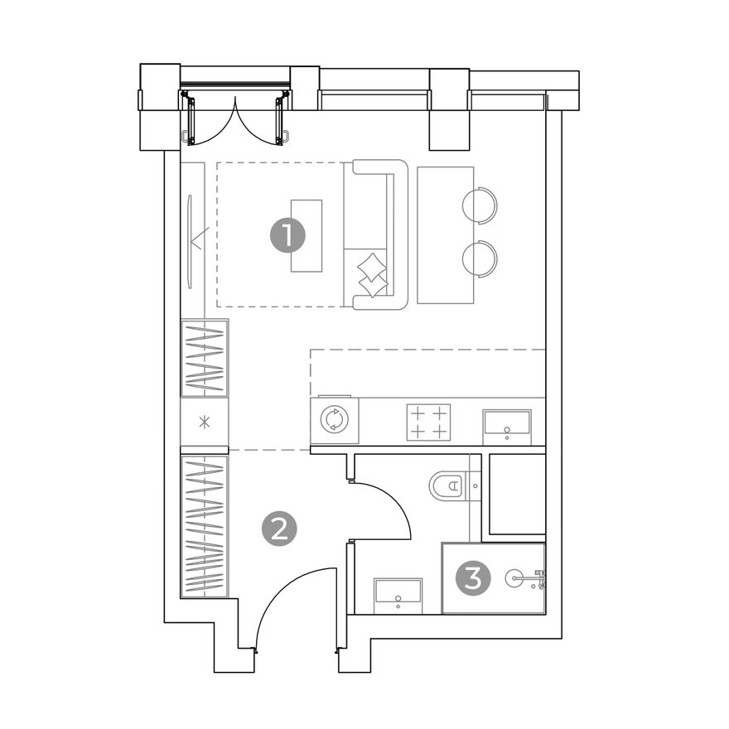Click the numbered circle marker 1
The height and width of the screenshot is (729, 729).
pos(287,235)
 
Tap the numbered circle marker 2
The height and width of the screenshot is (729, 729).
pos(279,529)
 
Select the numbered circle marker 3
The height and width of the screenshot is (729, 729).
pos(473,579)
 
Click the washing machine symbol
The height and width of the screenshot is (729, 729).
pos(335,420)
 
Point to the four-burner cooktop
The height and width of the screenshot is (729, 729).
pos(428,422)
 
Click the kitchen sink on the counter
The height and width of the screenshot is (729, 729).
pos(507,427)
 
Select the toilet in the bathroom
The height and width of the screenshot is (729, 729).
pos(447,485)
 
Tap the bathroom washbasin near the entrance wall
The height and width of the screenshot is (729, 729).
pos(398,596)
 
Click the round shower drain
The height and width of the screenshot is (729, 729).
pos(514,578)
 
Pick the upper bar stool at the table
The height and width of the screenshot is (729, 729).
pos(480,205)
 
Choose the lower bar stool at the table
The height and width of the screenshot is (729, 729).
pos(480,258)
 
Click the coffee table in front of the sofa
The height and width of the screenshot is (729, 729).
pos(307,236)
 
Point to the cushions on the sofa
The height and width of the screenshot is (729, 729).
pos(373,275)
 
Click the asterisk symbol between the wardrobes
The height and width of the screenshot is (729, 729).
pos(205,422)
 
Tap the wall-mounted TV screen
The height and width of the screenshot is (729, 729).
pos(190,242)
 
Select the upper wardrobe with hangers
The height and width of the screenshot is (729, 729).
pos(205,359)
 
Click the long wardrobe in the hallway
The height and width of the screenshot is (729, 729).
pos(205,526)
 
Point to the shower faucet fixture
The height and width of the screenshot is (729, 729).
pos(540,579)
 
